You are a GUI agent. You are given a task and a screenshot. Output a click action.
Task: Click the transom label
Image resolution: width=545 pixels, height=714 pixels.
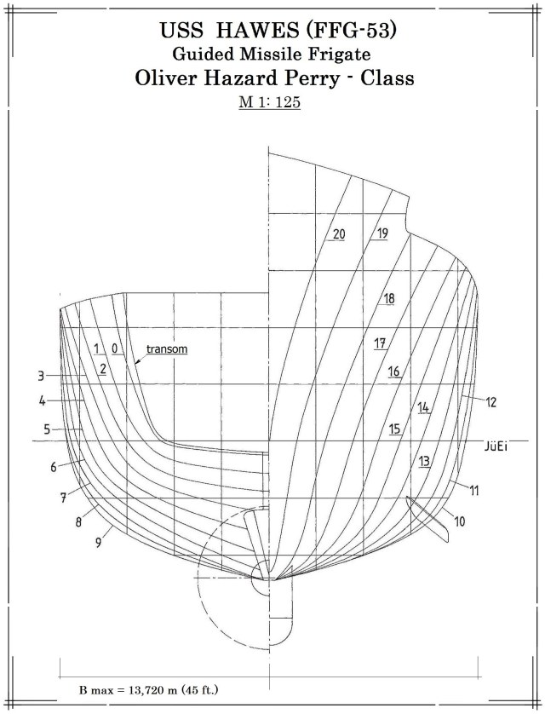(167, 348)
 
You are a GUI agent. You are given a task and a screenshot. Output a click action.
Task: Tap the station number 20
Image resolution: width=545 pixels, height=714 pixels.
(339, 234)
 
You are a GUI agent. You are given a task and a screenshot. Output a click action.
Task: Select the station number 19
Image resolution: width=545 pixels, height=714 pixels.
(381, 233)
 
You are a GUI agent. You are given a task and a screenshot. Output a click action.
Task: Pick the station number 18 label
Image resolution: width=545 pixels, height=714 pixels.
(388, 299)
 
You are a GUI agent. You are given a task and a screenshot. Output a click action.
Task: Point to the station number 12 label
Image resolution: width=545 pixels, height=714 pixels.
(491, 400)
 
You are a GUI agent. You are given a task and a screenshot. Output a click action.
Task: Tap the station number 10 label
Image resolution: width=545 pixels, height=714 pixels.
(460, 521)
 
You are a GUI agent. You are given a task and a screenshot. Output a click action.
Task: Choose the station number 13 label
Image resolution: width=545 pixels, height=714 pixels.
(425, 461)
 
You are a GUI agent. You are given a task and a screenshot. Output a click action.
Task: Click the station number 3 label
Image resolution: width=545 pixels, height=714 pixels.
(40, 375)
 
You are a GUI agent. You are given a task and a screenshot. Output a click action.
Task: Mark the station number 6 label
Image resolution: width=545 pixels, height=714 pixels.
(53, 467)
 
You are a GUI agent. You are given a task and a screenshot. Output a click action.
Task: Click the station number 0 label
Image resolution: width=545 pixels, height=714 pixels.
(114, 348)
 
